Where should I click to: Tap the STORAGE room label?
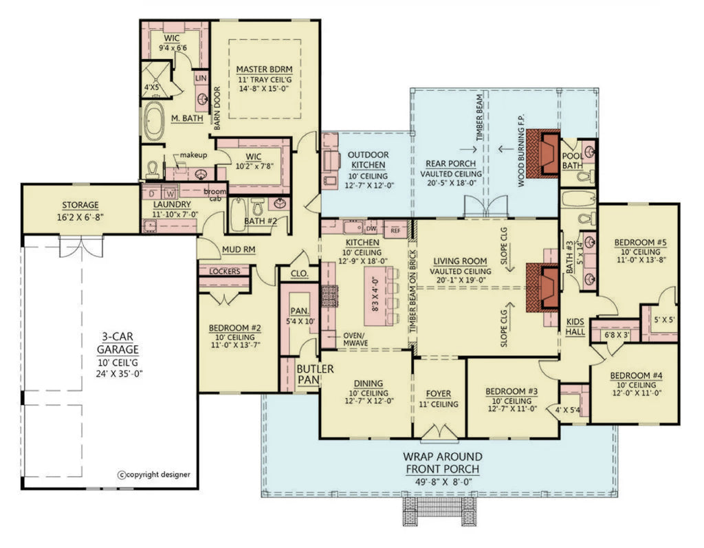coord(80,205)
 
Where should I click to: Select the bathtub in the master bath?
coord(155,121)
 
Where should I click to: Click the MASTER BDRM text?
coord(265,69)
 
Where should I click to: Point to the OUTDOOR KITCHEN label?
coord(367,160)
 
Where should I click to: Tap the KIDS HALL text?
coord(575,327)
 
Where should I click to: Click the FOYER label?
coord(439,394)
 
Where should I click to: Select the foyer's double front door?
coord(439,432)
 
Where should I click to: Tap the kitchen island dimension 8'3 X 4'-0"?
coord(375,294)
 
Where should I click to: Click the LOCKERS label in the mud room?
coord(224,272)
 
